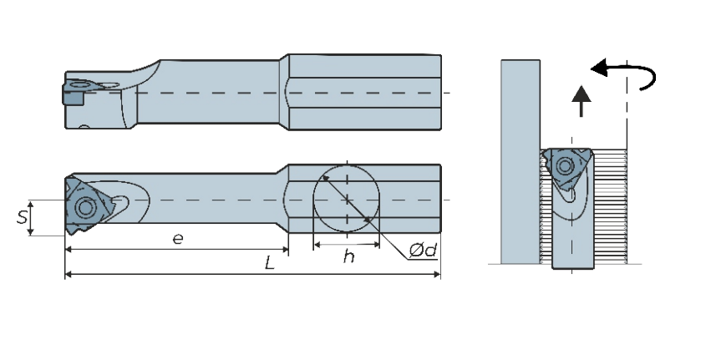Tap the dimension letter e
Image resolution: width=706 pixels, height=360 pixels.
point(177,239)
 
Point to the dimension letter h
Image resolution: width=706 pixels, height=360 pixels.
point(348,256)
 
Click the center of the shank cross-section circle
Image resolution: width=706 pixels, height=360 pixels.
point(346,200)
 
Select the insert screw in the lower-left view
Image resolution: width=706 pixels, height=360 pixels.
point(84,206)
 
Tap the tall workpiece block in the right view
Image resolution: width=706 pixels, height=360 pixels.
point(519,159)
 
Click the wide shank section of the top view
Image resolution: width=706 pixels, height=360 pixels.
point(363,92)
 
